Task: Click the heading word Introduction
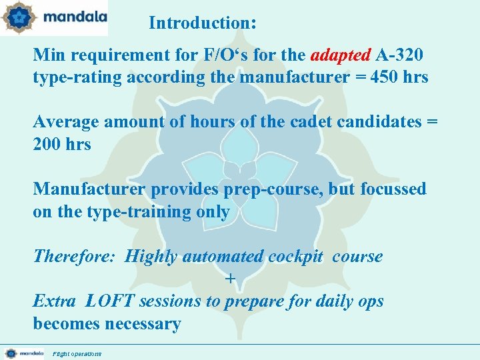(x=199, y=23)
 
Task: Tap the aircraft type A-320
(x=399, y=55)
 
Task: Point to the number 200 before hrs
(x=47, y=144)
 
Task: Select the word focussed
(x=393, y=189)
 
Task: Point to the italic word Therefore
(x=74, y=257)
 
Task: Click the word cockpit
(x=296, y=257)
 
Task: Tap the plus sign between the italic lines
(x=231, y=279)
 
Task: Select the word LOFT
(x=109, y=301)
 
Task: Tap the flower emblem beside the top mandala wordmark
(x=18, y=17)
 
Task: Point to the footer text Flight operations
(x=77, y=354)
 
